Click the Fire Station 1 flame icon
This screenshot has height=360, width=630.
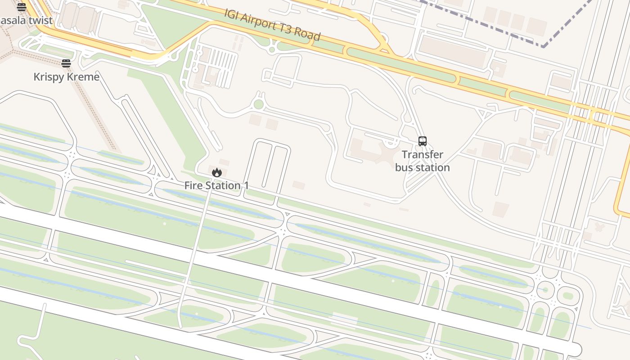[x=217, y=172]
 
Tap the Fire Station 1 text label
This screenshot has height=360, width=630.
[x=216, y=185]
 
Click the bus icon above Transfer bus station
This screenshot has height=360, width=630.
[x=422, y=141]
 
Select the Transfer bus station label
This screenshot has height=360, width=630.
[x=422, y=161]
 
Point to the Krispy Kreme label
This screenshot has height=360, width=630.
[x=67, y=77]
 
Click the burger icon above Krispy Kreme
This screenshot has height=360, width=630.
[x=66, y=63]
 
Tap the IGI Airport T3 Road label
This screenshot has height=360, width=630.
[x=273, y=24]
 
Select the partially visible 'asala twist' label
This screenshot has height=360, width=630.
[x=26, y=21]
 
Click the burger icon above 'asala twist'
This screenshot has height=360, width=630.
[x=21, y=7]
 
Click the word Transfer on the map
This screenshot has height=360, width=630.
[x=422, y=155]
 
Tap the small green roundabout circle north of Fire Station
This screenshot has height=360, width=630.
[x=258, y=104]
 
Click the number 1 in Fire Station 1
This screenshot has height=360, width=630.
[x=246, y=185]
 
